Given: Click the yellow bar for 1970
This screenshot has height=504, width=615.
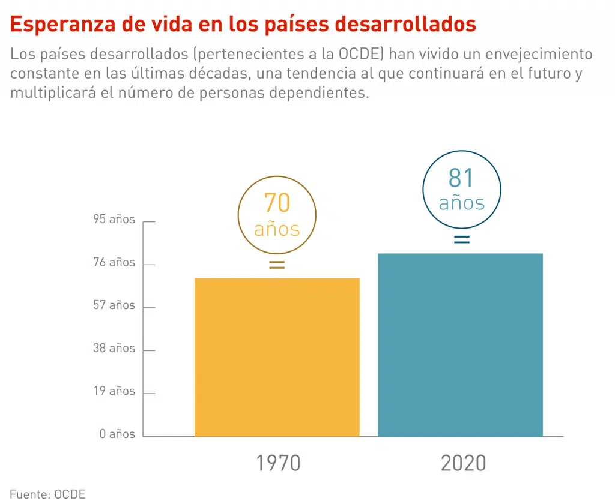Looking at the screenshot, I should (x=277, y=357).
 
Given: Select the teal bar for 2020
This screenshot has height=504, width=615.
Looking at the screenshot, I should (x=460, y=344).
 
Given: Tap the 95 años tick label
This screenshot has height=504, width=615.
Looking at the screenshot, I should (x=114, y=220).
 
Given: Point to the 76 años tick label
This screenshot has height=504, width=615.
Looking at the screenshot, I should (x=114, y=262).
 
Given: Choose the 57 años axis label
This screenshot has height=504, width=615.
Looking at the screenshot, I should (x=114, y=305).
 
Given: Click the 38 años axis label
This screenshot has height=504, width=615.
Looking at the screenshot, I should (x=114, y=348).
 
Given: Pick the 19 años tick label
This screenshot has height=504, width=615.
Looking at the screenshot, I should (x=114, y=391).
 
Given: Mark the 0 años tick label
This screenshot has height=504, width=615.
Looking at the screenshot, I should (x=118, y=434).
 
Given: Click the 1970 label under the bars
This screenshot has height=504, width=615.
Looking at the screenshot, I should (x=278, y=464).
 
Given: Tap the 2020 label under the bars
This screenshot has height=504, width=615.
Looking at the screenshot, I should (x=463, y=464).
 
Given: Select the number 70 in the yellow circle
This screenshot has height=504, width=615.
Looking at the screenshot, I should (x=277, y=203).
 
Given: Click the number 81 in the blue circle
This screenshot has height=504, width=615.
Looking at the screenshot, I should (x=461, y=178).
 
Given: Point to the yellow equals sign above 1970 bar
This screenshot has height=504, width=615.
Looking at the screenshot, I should (x=277, y=265).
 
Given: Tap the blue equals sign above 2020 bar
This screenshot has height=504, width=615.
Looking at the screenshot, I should (x=461, y=239).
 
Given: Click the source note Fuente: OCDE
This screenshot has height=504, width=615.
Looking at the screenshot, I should (x=47, y=494).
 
